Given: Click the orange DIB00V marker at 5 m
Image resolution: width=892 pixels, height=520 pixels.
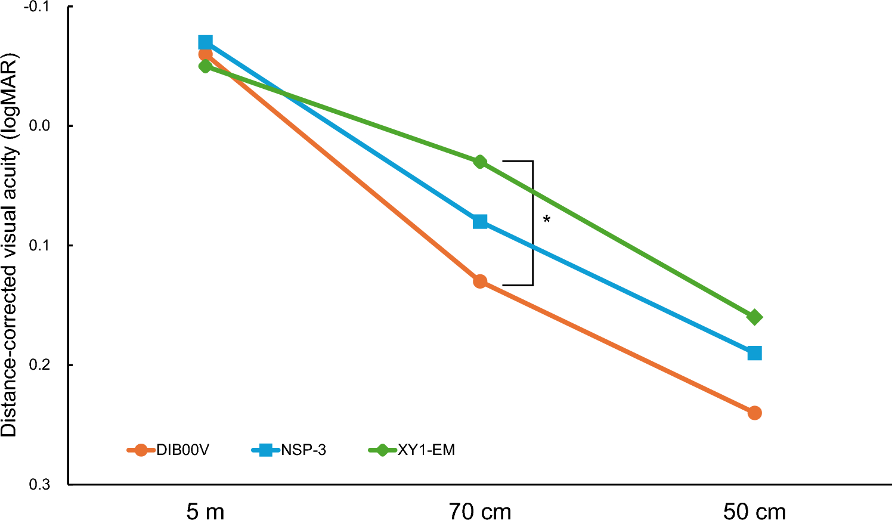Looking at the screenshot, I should click(205, 54).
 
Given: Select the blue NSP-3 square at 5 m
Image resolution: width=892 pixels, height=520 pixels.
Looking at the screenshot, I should click(205, 42).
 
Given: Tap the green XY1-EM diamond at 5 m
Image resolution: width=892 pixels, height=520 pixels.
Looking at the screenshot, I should click(205, 66).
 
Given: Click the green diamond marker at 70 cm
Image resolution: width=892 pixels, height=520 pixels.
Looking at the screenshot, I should click(480, 162).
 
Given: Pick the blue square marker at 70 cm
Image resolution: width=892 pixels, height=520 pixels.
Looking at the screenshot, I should click(480, 222).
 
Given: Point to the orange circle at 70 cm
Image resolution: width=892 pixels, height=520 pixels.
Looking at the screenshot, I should click(480, 281).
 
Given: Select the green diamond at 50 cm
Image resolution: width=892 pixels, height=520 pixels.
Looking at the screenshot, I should click(754, 317).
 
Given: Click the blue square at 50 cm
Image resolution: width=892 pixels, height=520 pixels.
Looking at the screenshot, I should click(754, 353).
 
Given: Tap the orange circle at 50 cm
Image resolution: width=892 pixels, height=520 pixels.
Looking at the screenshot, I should click(754, 413).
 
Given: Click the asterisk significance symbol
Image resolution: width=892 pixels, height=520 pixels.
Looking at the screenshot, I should click(547, 220).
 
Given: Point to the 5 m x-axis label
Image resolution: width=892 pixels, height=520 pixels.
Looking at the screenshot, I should click(205, 512).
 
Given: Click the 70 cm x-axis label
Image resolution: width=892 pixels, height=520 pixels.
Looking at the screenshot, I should click(480, 512).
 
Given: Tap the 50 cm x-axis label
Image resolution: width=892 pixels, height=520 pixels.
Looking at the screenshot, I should click(754, 512).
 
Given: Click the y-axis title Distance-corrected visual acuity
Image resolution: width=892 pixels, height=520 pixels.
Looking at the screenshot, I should click(10, 244).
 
